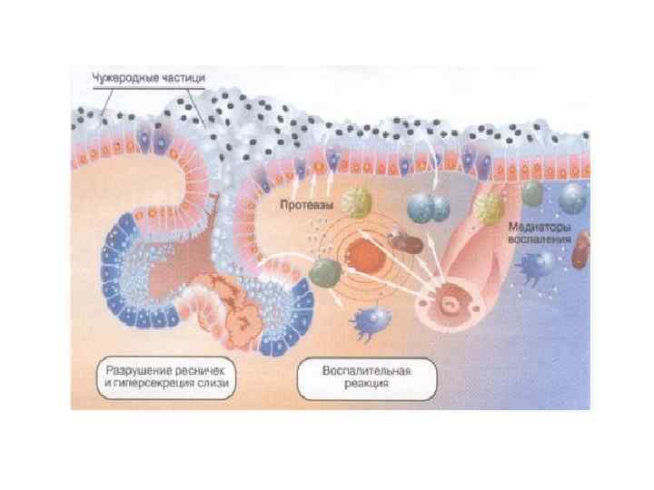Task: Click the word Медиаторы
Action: [540, 228]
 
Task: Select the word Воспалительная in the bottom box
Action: [367, 371]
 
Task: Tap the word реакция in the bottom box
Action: [367, 384]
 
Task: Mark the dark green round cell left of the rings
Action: [322, 270]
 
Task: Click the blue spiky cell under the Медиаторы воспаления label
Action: [540, 265]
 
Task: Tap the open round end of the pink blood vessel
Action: [450, 302]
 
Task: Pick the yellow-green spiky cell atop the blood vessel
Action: [491, 205]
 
